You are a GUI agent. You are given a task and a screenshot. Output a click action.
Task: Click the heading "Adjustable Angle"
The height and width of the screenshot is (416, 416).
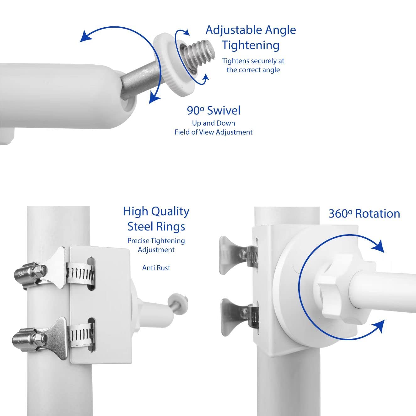coord(251,30)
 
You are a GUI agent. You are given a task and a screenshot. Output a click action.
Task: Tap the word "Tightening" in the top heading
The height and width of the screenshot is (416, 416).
coord(251,45)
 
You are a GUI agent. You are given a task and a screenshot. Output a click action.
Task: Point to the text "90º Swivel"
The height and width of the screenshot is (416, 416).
coord(213,110)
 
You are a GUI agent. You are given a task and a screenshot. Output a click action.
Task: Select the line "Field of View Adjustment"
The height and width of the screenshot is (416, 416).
coord(213,132)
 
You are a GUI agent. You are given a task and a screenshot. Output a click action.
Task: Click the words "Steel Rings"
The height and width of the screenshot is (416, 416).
coord(156,227)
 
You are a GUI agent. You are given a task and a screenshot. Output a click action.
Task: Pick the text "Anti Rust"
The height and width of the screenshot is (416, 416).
coord(156,268)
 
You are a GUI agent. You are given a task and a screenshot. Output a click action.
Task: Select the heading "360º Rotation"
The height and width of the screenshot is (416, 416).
coord(365,214)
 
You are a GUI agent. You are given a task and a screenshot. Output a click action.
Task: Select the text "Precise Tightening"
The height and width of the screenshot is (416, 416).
coord(156,241)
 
